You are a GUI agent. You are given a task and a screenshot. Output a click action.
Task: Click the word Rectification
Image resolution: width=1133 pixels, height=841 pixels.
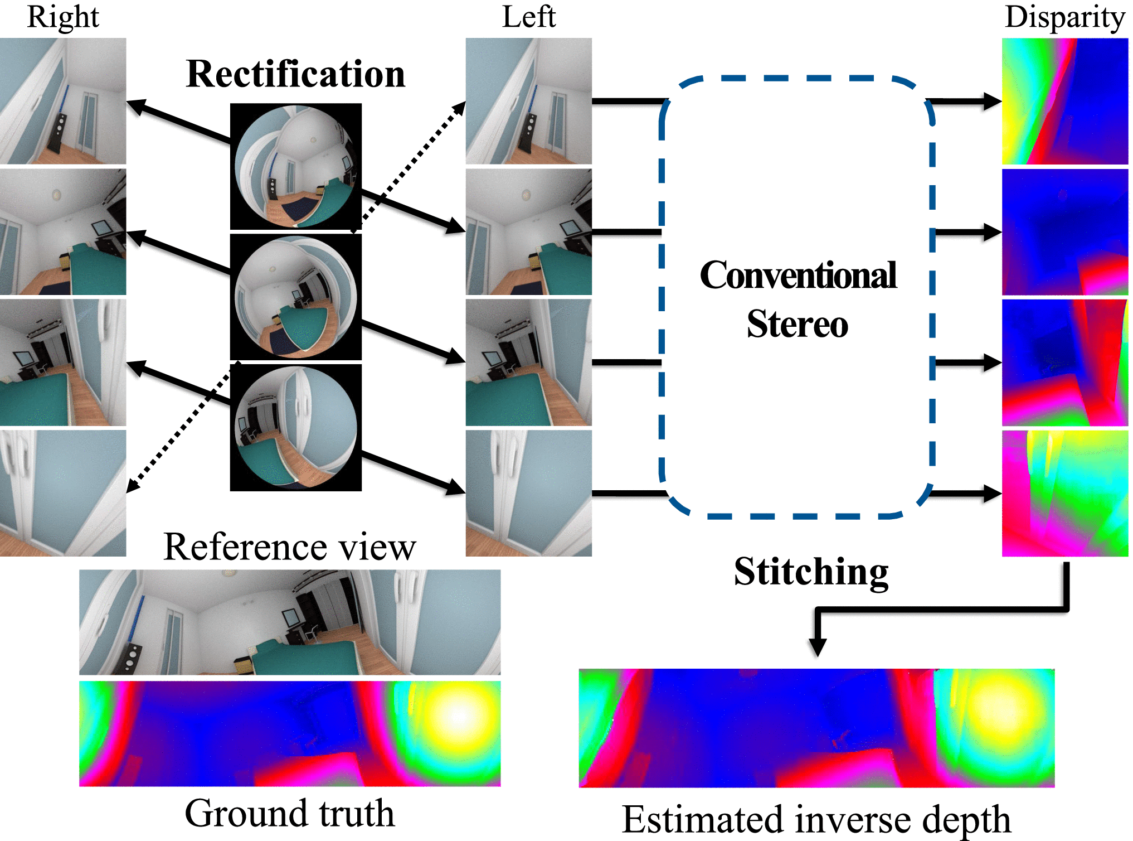pos(295,74)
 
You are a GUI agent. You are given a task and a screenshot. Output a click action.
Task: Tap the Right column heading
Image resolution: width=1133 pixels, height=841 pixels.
pos(63,17)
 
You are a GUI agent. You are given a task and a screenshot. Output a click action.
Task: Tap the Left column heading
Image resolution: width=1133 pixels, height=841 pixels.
pos(528,17)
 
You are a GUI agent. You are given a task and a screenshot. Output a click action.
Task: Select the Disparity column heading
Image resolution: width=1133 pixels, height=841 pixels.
pos(1064,17)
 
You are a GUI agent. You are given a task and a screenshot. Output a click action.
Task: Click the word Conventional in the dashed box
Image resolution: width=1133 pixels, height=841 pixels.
pos(798,275)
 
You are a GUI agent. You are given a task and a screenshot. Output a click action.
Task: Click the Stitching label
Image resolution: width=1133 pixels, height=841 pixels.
pos(811,572)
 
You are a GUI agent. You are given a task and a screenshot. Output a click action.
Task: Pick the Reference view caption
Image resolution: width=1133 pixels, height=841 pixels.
pos(290,547)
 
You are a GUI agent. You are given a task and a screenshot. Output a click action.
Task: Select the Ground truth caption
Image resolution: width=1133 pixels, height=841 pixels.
pos(290,813)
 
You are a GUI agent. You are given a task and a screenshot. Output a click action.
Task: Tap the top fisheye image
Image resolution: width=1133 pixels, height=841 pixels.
pos(295,166)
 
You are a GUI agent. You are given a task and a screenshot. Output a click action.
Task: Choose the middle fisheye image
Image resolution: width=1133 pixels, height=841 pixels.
pos(295,297)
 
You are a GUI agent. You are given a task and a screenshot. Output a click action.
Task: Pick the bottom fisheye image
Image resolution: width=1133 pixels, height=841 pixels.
pos(295,427)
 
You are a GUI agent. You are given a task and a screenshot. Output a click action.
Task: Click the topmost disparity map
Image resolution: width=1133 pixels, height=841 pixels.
pos(1064,101)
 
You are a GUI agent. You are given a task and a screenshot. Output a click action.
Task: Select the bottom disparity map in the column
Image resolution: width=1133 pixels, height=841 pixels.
pos(1064,493)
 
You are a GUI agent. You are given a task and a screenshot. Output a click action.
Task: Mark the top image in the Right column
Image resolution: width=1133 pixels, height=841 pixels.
pos(63,101)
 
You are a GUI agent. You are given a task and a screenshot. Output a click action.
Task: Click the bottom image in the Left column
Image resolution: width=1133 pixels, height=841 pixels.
pos(528,493)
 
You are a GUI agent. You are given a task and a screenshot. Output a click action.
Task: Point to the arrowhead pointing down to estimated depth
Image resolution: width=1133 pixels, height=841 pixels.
pos(818,647)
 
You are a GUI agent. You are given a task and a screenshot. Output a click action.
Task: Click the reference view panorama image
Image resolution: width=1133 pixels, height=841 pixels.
pos(290,622)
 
